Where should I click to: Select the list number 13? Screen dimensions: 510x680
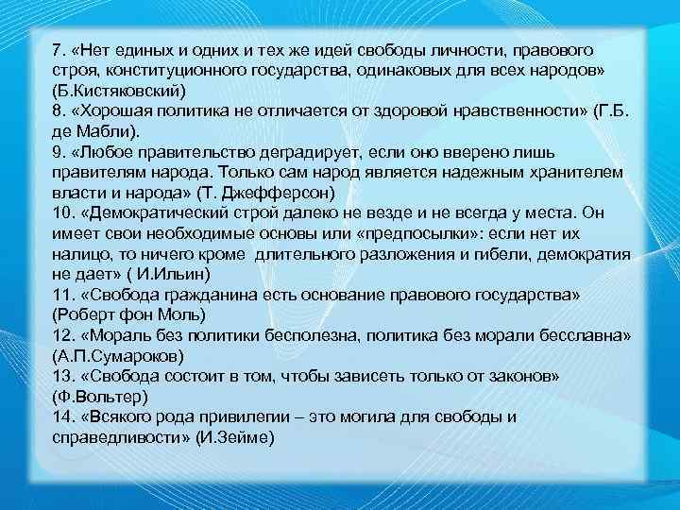(62, 376)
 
